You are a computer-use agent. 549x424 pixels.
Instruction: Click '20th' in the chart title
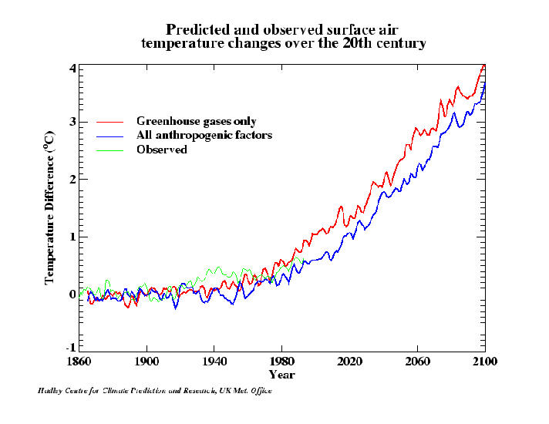point(355,43)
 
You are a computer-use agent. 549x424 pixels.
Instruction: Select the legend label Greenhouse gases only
point(197,122)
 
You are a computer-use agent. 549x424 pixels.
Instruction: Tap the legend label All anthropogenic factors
point(204,136)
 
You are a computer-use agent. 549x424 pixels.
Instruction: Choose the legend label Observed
point(162,150)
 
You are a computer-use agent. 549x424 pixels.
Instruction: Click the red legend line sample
point(110,122)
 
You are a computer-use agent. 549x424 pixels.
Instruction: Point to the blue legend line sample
point(110,136)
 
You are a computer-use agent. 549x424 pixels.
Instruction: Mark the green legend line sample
point(110,150)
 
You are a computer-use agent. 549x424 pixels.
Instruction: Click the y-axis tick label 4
point(72,69)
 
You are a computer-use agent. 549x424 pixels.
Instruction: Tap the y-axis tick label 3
point(72,122)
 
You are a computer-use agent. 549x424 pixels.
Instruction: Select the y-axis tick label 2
point(72,179)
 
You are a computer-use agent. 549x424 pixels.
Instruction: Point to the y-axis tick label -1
point(70,348)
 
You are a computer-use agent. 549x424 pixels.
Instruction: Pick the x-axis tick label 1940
point(214,361)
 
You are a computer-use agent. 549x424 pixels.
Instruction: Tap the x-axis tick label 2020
point(349,361)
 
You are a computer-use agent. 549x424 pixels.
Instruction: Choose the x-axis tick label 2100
point(485,361)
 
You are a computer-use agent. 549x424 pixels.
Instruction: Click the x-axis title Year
point(281,375)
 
